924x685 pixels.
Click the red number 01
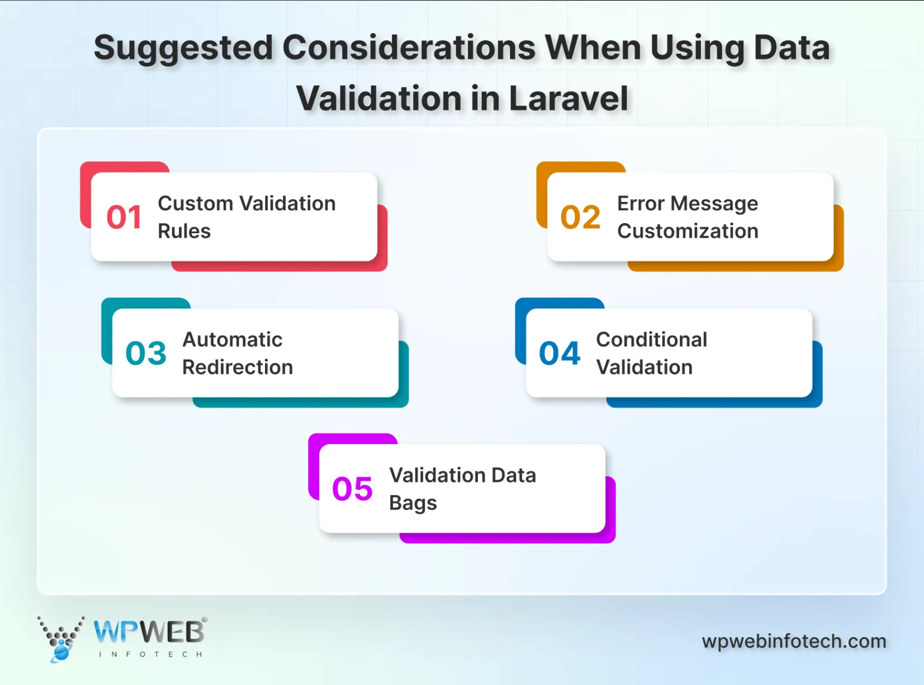point(124,217)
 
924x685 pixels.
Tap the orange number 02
point(580,217)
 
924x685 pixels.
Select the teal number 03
point(146,353)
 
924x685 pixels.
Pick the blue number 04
point(560,353)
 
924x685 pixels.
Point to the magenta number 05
point(352,489)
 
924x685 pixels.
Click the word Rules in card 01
point(184,231)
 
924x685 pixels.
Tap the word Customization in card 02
point(688,231)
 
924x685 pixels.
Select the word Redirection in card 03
point(238,367)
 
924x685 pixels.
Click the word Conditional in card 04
point(651,339)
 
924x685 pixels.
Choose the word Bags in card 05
point(413,503)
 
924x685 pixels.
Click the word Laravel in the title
point(568,98)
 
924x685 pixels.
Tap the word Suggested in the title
point(183,48)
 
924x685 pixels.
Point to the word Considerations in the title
point(409,48)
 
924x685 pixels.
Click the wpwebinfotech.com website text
point(794,641)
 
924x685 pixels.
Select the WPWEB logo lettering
point(149,632)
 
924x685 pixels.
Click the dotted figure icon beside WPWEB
point(60,639)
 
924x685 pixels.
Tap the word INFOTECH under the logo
point(150,654)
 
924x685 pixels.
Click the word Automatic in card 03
point(232,339)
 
